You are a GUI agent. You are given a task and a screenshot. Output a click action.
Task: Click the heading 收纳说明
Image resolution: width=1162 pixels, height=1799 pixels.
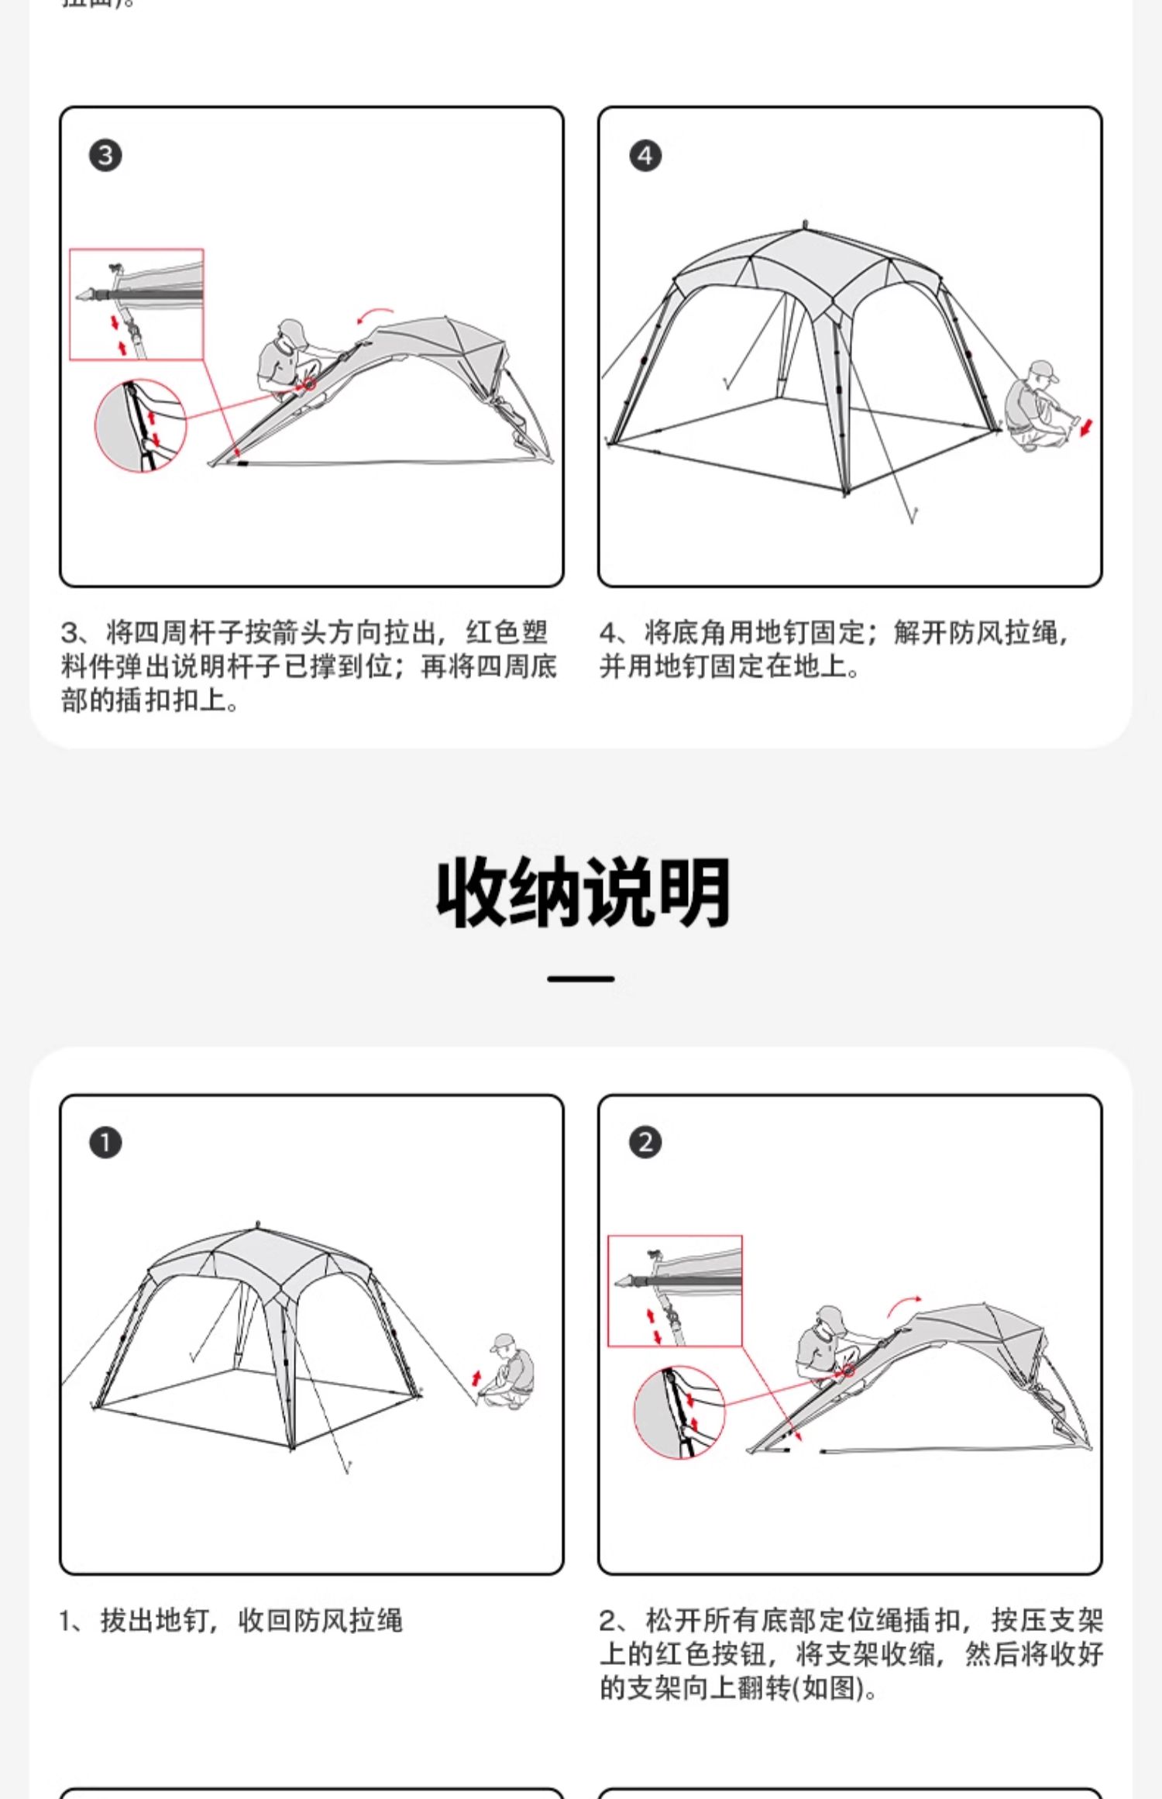tap(583, 893)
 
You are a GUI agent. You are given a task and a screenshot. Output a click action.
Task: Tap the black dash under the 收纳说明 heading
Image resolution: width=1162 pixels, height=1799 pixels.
tap(580, 979)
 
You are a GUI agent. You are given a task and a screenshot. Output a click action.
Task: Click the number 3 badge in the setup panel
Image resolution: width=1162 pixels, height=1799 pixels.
tap(105, 156)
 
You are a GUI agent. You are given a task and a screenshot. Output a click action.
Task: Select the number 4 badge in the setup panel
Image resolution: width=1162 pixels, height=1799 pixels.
tap(645, 156)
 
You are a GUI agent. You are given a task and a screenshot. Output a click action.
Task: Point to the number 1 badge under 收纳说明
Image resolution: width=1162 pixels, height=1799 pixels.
tap(105, 1143)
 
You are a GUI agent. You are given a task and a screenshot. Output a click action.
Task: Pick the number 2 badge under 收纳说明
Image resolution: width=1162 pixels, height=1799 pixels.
tap(645, 1143)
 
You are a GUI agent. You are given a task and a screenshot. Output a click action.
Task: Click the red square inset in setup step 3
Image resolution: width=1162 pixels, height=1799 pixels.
tap(136, 304)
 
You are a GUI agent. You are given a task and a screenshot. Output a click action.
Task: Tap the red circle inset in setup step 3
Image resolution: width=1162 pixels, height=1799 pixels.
tap(140, 425)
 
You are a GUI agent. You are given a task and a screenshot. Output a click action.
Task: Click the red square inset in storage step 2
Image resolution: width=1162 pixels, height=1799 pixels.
tap(675, 1291)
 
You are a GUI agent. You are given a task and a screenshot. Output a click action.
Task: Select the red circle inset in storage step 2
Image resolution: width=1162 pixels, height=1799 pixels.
tap(679, 1412)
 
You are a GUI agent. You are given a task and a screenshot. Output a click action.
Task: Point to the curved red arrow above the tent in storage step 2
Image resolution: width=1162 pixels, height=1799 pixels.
tap(904, 1304)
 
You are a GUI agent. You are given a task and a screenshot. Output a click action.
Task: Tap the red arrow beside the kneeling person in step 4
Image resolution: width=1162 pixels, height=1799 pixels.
tap(1087, 426)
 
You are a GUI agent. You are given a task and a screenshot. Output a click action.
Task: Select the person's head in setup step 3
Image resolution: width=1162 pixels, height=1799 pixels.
tap(293, 332)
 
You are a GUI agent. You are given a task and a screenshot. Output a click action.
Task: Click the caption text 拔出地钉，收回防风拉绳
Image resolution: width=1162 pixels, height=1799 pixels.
tap(252, 1621)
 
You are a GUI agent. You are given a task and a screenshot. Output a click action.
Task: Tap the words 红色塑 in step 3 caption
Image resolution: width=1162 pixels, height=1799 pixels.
tap(507, 632)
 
